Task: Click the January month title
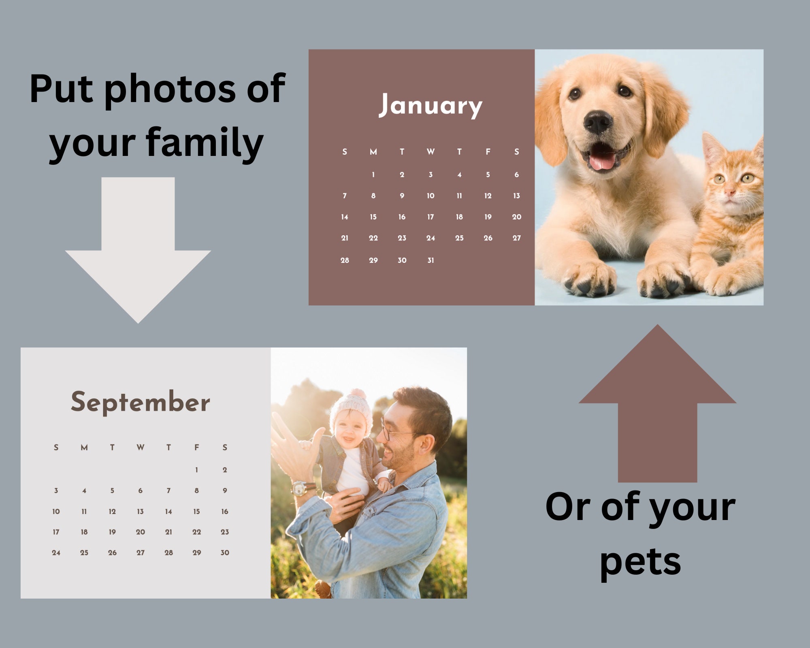[431, 105]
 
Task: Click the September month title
[141, 402]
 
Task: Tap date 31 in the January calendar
[431, 260]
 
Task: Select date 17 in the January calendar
[431, 217]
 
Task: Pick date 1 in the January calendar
[373, 175]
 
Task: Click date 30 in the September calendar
[225, 553]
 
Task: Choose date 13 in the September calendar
[140, 512]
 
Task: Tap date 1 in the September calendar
[196, 470]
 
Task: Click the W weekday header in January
[431, 152]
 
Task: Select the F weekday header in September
[196, 448]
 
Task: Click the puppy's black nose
[598, 122]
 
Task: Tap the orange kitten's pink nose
[730, 192]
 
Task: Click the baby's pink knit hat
[351, 409]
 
